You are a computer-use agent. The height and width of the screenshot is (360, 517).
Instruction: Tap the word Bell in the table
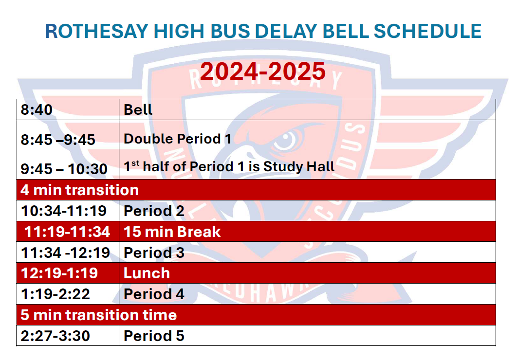pyautogui.click(x=138, y=109)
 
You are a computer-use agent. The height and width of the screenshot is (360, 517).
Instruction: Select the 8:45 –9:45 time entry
pyautogui.click(x=58, y=140)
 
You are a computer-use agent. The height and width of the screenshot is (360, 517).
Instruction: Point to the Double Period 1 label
pyautogui.click(x=177, y=139)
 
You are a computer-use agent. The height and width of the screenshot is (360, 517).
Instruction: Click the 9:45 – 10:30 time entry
pyautogui.click(x=64, y=169)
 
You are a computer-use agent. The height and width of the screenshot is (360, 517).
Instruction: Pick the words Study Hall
pyautogui.click(x=299, y=167)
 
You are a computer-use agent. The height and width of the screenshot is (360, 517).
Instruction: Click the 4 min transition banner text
pyautogui.click(x=79, y=190)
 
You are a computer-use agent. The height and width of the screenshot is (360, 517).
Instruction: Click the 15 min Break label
pyautogui.click(x=172, y=232)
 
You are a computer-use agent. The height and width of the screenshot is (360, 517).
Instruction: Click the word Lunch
pyautogui.click(x=147, y=273)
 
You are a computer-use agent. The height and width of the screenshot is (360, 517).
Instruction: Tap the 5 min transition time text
pyautogui.click(x=99, y=315)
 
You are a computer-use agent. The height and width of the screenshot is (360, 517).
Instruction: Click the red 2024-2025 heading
pyautogui.click(x=263, y=71)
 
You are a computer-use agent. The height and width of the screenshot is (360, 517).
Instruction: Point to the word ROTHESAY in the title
pyautogui.click(x=96, y=31)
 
